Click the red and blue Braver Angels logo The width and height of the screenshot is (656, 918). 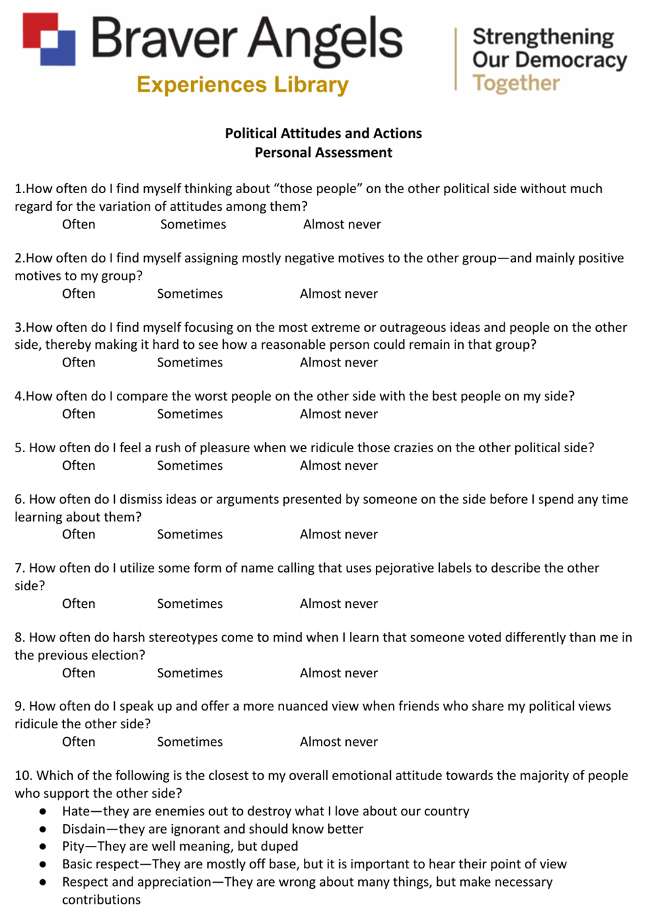(49, 39)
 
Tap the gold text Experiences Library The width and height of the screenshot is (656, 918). (242, 85)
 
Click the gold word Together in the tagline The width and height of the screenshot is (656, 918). (516, 83)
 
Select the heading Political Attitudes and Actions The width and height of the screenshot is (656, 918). (324, 133)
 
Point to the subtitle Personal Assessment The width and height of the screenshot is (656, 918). (324, 152)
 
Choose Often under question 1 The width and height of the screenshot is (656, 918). (79, 224)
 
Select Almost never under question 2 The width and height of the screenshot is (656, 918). (339, 294)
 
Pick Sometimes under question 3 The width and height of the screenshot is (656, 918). (190, 362)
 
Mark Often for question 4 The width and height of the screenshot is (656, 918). (79, 414)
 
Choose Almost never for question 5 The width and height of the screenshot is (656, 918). (339, 466)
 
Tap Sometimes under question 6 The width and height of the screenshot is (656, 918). (190, 534)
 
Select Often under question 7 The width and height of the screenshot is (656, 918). (79, 604)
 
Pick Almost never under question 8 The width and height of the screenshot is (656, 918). (339, 673)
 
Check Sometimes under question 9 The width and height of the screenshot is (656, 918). (190, 742)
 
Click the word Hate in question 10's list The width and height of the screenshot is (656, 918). (75, 811)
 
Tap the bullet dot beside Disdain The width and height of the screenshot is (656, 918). (43, 829)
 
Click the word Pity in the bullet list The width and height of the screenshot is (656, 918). (73, 847)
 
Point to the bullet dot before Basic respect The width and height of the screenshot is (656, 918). (43, 864)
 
